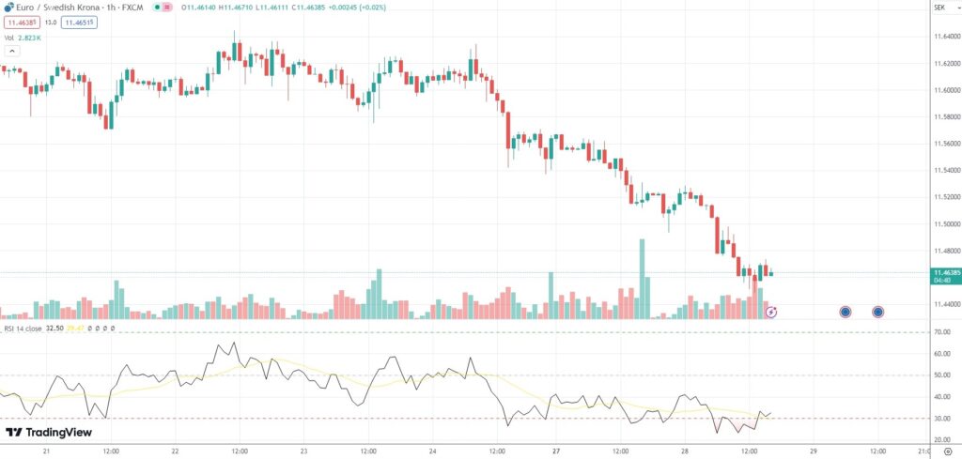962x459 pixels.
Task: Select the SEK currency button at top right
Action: coord(939,8)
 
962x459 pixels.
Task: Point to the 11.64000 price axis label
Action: coord(940,37)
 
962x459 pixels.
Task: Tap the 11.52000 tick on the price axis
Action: coord(940,197)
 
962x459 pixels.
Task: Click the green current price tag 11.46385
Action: coord(940,272)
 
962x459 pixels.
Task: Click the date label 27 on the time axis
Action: coord(557,451)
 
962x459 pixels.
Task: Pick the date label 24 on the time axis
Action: coord(429,451)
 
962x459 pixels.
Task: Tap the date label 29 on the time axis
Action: coord(814,451)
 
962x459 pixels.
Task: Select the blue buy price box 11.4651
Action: coord(79,22)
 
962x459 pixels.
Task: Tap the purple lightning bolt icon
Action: coord(771,312)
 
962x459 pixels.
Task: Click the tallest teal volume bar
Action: coord(643,279)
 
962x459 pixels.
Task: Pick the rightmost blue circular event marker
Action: coord(877,312)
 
